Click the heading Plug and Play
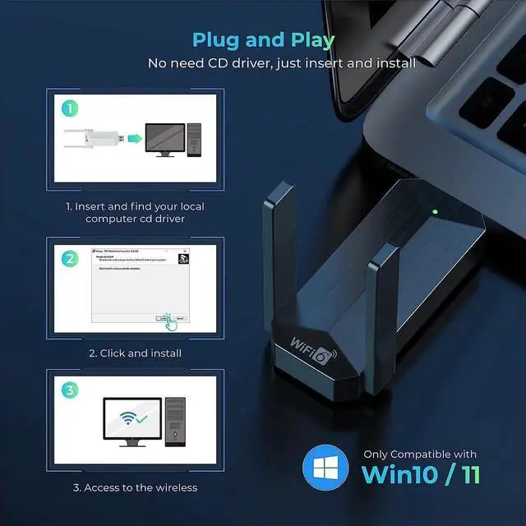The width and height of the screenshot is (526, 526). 263,39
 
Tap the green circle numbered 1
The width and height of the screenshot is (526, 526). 72,108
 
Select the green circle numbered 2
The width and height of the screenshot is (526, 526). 72,257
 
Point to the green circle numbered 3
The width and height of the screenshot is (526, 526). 72,390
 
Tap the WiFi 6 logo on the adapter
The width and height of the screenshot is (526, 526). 312,335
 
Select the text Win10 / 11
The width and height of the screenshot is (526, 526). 421,474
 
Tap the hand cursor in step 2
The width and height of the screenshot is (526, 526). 169,321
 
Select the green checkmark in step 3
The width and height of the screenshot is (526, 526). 142,419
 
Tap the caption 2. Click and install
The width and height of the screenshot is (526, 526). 135,353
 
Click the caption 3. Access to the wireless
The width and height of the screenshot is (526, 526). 135,487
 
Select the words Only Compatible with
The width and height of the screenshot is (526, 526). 420,454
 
